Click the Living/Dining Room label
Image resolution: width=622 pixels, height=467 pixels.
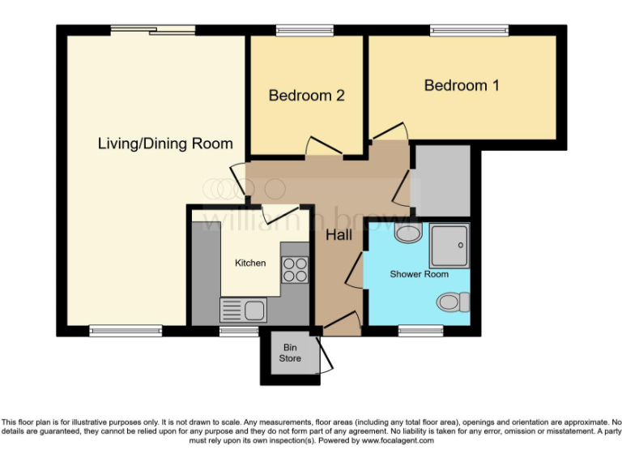point(165,144)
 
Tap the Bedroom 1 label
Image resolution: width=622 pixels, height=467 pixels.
point(462,85)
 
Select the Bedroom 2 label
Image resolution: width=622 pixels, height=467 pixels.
point(307,96)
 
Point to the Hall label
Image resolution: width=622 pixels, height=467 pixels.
point(338,235)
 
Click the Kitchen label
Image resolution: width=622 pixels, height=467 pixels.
point(250,263)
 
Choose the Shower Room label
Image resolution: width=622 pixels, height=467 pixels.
point(419,274)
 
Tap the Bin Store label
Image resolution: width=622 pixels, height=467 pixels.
point(290,353)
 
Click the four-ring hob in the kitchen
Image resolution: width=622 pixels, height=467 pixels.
point(296,268)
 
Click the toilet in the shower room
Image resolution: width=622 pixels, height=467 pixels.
point(452,302)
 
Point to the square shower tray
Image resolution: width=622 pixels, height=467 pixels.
point(449,246)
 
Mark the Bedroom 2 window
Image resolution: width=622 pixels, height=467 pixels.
point(299,31)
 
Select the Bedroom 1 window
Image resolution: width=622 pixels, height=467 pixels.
point(470,31)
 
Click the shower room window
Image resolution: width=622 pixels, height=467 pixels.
point(420,330)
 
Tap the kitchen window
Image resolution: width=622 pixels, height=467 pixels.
point(235,330)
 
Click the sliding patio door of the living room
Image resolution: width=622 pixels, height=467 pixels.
point(153,30)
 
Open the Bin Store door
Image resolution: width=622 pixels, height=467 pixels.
point(325,354)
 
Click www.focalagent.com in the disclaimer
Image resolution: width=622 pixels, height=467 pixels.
point(397,441)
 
